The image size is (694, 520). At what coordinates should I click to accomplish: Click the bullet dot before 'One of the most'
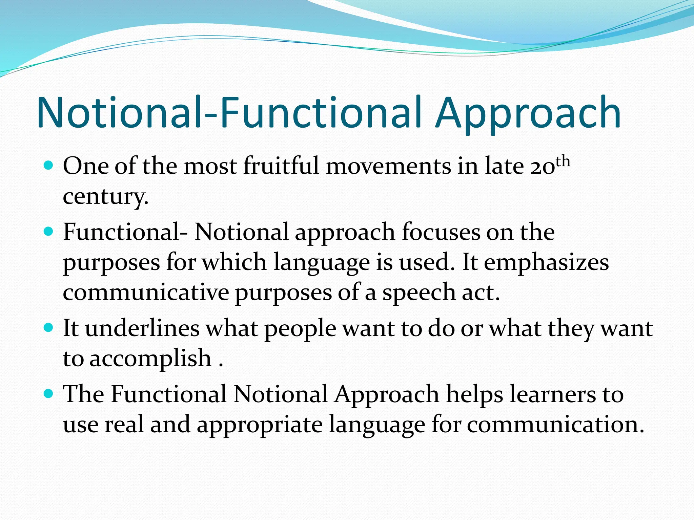pyautogui.click(x=49, y=166)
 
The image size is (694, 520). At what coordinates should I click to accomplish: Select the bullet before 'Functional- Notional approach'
pyautogui.click(x=49, y=232)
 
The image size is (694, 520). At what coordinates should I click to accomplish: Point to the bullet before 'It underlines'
pyautogui.click(x=49, y=328)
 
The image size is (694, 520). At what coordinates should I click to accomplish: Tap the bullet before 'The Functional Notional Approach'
pyautogui.click(x=49, y=394)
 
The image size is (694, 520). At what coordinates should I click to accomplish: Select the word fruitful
pyautogui.click(x=281, y=166)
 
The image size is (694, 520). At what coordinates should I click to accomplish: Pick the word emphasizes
pyautogui.click(x=546, y=263)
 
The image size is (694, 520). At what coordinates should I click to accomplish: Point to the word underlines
pyautogui.click(x=142, y=328)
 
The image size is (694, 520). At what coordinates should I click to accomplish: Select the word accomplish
pyautogui.click(x=150, y=359)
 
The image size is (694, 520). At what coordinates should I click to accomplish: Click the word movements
pyautogui.click(x=389, y=166)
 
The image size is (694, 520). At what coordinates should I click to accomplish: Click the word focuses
pyautogui.click(x=441, y=232)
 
